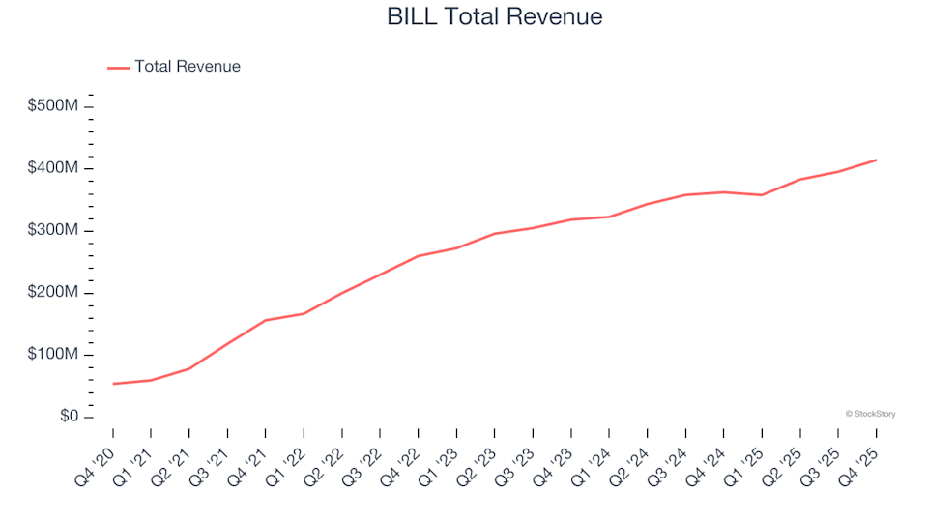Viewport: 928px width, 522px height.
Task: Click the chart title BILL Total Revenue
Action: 494,16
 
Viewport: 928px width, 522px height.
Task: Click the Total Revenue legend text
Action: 188,67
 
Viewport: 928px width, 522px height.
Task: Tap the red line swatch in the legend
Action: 118,68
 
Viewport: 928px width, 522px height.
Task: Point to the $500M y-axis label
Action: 54,106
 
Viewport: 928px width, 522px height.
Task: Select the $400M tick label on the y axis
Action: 54,168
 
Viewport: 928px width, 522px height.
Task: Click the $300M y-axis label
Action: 54,231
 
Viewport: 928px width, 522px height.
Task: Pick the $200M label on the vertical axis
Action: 54,293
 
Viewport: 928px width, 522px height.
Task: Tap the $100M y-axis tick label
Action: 54,355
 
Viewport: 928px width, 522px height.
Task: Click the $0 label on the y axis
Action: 67,417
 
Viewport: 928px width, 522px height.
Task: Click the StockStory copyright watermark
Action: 870,414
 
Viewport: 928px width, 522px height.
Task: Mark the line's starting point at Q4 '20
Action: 113,384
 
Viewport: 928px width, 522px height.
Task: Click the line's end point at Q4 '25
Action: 876,159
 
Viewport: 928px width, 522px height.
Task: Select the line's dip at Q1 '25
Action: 762,195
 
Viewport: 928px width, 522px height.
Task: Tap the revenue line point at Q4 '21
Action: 266,320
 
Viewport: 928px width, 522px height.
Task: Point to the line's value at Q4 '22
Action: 418,256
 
